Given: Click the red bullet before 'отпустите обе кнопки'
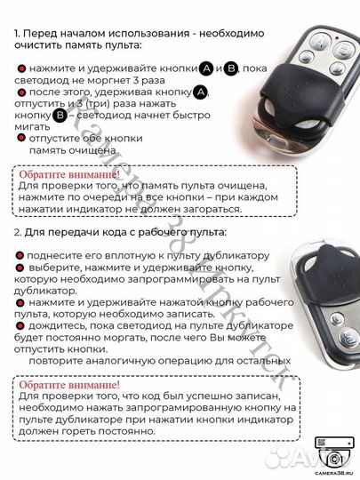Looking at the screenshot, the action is pos(21,139).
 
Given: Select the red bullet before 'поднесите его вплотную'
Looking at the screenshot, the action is pos(20,255).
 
